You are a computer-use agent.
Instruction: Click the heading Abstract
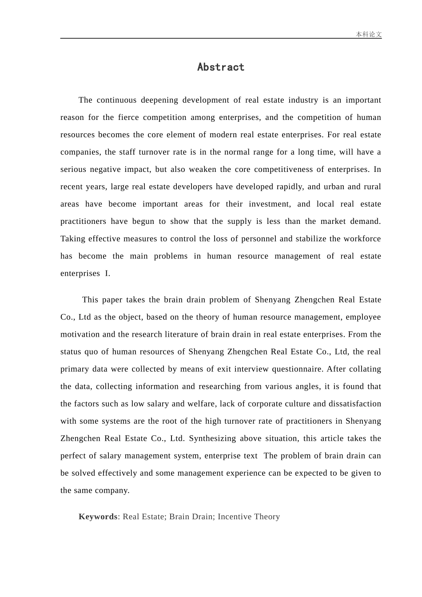[x=221, y=67]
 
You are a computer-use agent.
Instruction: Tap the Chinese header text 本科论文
[x=368, y=34]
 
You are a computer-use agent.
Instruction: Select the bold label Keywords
[x=98, y=517]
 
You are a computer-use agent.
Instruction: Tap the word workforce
[x=362, y=239]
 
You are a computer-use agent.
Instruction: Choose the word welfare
[x=202, y=403]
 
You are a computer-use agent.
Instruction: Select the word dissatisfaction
[x=354, y=403]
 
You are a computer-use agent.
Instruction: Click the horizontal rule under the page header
[x=221, y=39]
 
